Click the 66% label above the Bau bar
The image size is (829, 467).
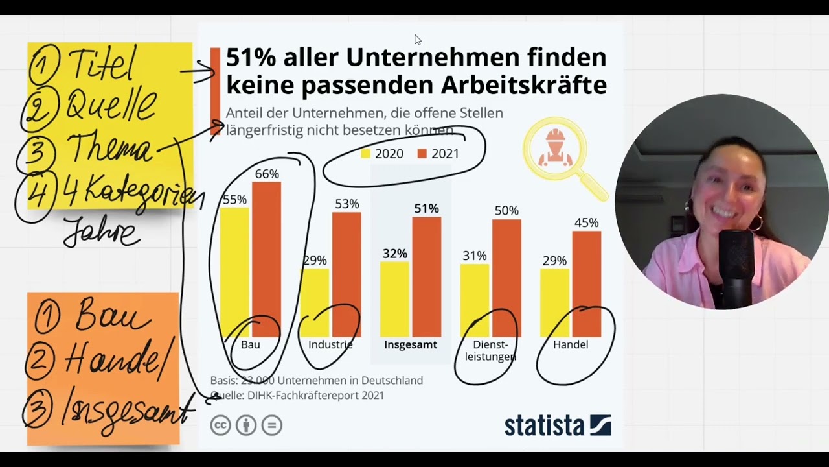point(267,174)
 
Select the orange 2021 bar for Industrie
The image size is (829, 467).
point(346,272)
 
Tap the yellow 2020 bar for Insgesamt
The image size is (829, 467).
point(394,298)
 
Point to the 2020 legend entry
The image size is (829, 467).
point(382,154)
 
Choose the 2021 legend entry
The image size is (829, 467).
point(438,154)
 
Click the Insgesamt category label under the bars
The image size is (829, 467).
point(411,344)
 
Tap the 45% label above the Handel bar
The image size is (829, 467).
point(586,222)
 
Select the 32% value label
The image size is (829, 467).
point(394,253)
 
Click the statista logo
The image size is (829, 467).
point(557,425)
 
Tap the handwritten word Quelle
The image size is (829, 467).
point(110,106)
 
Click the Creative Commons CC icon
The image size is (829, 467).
point(220,425)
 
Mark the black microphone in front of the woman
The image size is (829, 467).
point(736,266)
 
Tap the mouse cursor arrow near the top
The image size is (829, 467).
point(417,40)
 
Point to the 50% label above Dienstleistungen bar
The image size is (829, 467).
point(506,211)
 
